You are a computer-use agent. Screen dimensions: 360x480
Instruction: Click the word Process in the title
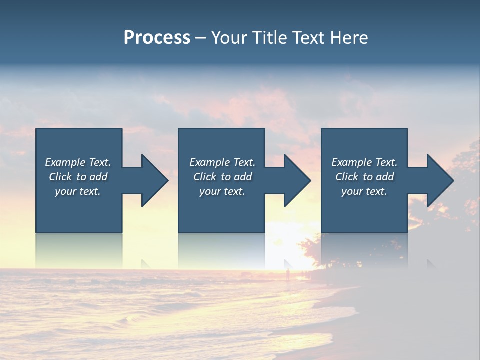157,38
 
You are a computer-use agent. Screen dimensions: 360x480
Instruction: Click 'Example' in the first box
65,162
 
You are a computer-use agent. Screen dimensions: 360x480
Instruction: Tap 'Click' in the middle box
205,177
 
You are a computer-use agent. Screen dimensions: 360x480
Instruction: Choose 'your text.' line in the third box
364,191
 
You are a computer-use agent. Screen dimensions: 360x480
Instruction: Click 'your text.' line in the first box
78,191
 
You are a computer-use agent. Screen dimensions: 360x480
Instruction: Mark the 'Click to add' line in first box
78,177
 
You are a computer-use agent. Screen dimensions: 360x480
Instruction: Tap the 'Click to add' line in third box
365,177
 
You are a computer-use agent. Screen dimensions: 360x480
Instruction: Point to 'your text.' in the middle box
222,191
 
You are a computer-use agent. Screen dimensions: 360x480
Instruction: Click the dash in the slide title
200,38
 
